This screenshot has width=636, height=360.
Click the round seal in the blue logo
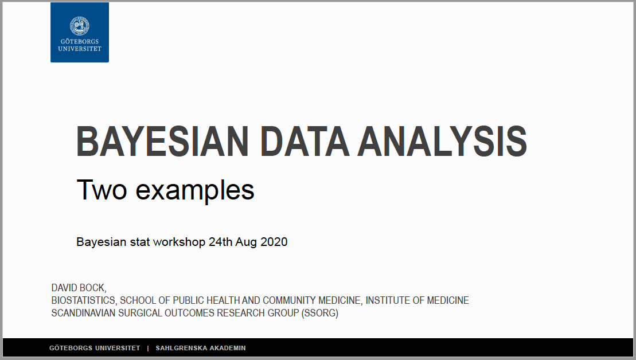(x=80, y=26)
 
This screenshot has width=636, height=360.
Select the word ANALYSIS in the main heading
(x=442, y=142)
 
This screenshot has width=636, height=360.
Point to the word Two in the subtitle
(x=102, y=190)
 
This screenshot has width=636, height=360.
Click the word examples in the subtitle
(x=194, y=191)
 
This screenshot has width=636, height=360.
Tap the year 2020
(x=274, y=242)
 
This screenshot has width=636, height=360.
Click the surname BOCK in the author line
(x=93, y=288)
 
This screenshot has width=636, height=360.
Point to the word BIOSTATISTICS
(x=84, y=300)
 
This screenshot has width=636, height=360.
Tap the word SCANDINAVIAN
(x=84, y=313)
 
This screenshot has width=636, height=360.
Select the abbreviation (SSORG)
(x=319, y=314)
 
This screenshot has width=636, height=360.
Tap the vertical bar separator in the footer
(x=148, y=348)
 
